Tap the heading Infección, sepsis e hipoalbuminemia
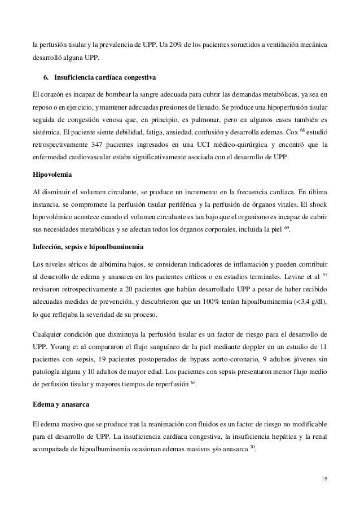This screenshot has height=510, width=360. (90, 248)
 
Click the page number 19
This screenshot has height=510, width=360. (322, 481)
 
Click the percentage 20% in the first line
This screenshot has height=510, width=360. (168, 44)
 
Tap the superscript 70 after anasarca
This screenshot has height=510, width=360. (252, 446)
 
